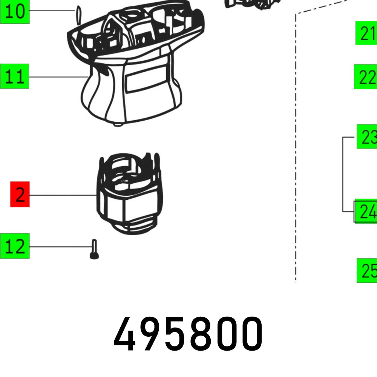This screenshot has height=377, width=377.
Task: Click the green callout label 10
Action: tap(15, 12)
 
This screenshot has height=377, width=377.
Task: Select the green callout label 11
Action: tap(15, 77)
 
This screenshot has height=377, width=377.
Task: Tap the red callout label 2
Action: tap(20, 195)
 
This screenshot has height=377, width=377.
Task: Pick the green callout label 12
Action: tap(15, 246)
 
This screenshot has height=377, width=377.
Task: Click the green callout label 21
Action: tap(366, 33)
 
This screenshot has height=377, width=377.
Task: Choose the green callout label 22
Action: tap(365, 77)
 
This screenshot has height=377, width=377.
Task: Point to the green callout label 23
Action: tap(367, 136)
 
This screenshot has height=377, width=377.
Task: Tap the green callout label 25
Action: tap(367, 270)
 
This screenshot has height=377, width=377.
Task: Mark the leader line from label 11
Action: tap(57, 77)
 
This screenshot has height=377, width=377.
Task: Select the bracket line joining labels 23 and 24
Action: tap(343, 173)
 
